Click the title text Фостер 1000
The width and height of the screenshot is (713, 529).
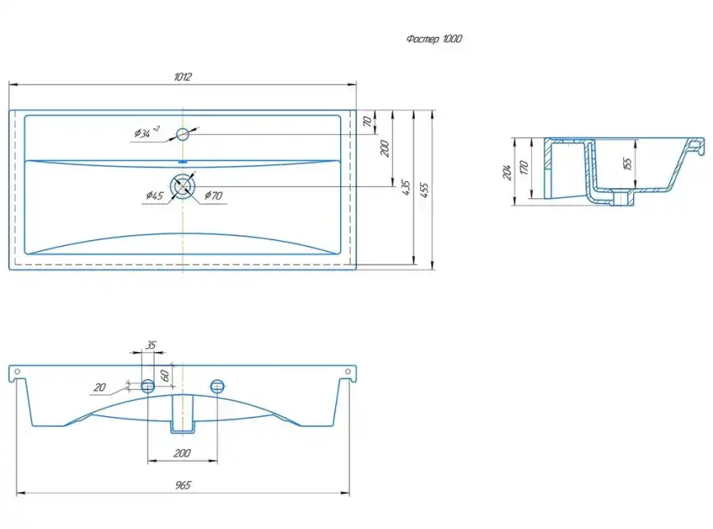click(434, 39)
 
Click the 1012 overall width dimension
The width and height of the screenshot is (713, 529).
click(183, 77)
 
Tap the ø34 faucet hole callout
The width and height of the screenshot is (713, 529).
click(147, 132)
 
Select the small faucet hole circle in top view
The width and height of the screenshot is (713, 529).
click(182, 134)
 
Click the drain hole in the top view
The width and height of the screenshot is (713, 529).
click(182, 186)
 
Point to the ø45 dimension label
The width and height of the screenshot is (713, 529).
click(155, 196)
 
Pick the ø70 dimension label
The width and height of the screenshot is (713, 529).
click(213, 196)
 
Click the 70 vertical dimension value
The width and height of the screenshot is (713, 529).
click(367, 122)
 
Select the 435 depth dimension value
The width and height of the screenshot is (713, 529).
click(406, 188)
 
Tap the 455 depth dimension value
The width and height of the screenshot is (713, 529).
click(424, 189)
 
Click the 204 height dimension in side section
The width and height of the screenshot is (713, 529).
click(507, 172)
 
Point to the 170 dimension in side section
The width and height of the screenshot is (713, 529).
click(524, 168)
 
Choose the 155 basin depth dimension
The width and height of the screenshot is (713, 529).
click(627, 163)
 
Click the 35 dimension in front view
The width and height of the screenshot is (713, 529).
click(151, 345)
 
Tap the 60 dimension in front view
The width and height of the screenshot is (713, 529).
click(165, 375)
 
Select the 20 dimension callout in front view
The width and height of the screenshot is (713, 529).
click(100, 387)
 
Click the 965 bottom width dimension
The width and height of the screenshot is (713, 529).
click(183, 485)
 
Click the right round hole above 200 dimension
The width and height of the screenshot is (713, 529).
click(217, 387)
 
